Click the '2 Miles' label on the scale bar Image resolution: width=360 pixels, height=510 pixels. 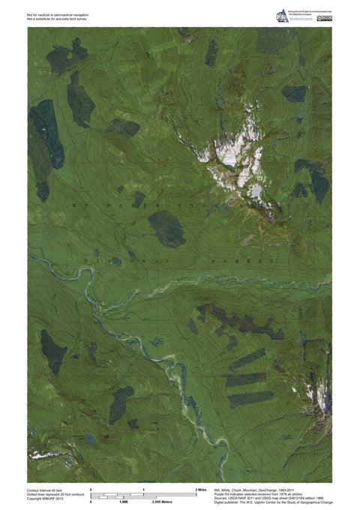(x=201, y=489)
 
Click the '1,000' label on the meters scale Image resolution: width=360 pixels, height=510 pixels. (x=122, y=501)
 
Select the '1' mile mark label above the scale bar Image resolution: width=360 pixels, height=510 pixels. (x=143, y=489)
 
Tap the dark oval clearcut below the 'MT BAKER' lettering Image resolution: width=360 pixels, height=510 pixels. (x=166, y=227)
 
